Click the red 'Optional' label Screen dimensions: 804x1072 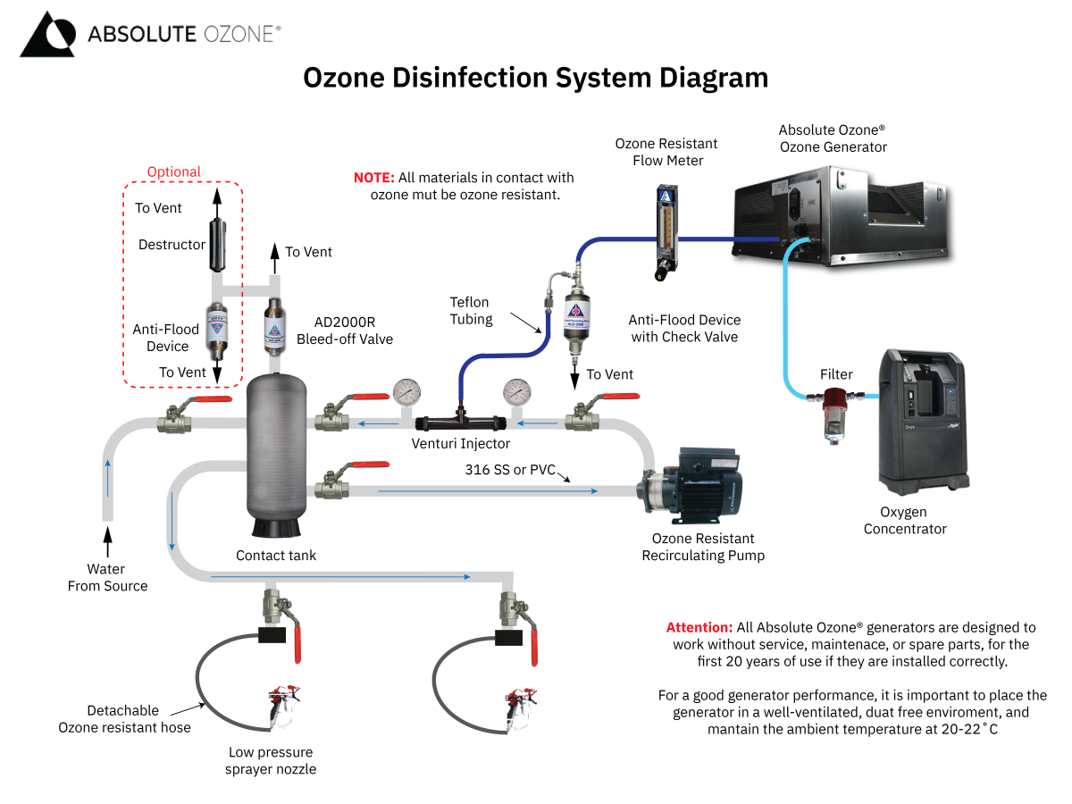tap(174, 172)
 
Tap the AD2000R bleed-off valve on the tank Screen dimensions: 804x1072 tap(275, 326)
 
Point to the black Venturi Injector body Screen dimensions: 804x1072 tap(460, 419)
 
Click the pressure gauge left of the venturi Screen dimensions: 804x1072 tap(406, 392)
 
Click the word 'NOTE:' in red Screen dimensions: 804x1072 tap(373, 178)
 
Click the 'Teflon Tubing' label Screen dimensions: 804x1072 tap(471, 311)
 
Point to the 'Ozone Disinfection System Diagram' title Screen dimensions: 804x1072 tap(536, 78)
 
